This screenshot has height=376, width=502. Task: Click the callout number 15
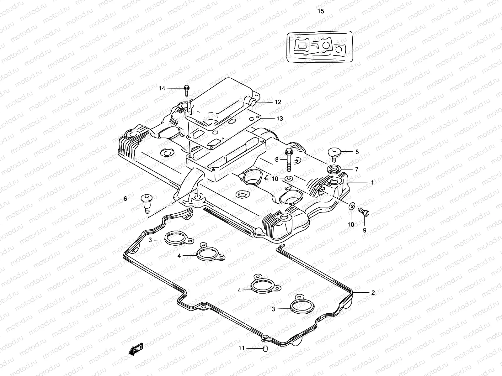tap(321, 12)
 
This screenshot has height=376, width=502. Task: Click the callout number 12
tap(278, 102)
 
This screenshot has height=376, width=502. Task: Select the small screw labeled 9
tap(365, 213)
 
